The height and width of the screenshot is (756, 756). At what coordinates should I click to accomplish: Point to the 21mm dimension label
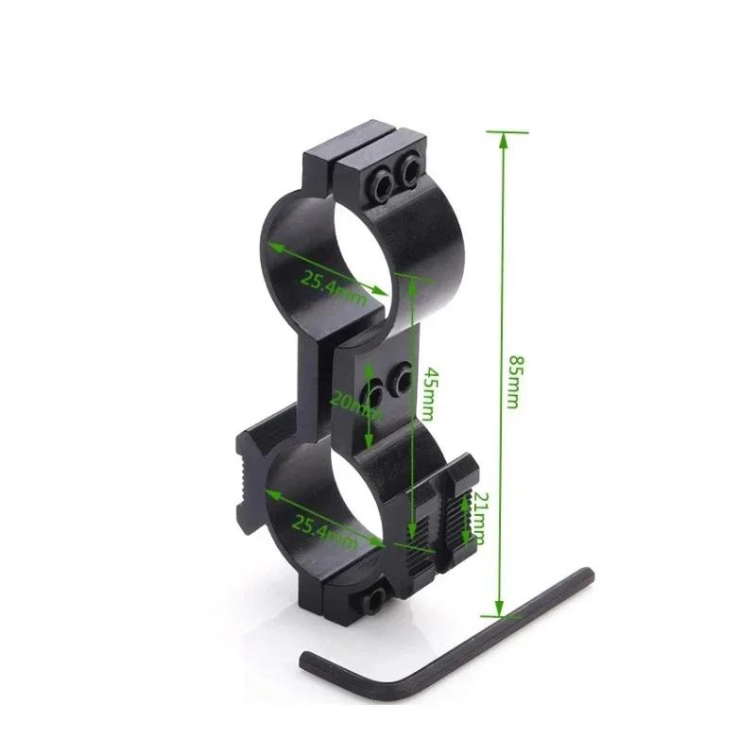[x=478, y=518]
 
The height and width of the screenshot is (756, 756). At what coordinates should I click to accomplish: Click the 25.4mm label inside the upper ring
[x=333, y=283]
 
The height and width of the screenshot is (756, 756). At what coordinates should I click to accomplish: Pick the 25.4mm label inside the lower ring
[x=325, y=528]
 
